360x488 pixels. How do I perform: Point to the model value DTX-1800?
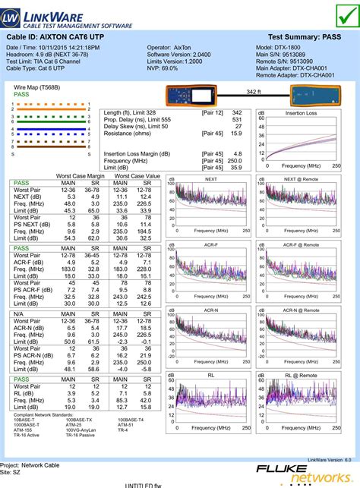tap(302, 46)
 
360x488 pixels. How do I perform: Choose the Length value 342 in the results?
tap(236, 112)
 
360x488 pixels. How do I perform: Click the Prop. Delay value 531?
tap(237, 120)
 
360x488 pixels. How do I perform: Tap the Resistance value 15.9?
tap(236, 134)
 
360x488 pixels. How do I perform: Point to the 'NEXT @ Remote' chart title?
tap(301, 179)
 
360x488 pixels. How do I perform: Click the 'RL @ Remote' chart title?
tap(301, 375)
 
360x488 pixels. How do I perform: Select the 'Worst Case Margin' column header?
tap(81, 175)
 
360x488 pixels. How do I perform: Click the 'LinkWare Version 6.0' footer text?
tap(329, 459)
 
